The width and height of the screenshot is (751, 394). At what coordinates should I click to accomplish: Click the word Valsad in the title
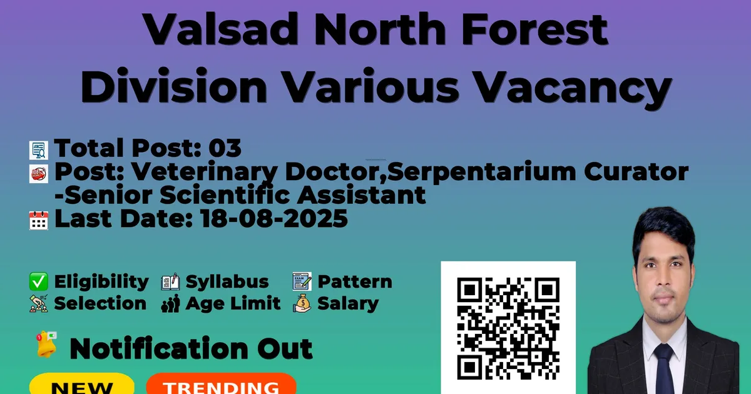[x=220, y=29]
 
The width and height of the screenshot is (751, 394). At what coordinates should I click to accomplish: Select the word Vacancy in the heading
[x=574, y=86]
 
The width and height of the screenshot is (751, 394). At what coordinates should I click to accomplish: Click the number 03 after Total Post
[x=225, y=148]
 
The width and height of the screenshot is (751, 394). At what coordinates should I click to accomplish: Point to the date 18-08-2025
[x=274, y=219]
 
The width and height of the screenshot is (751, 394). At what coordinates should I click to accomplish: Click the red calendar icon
[x=39, y=220]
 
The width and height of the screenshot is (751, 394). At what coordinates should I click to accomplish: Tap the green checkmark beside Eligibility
[x=39, y=281]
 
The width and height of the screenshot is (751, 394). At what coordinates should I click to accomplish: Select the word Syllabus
[x=227, y=282]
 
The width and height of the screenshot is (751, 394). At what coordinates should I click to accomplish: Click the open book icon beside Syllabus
[x=170, y=281]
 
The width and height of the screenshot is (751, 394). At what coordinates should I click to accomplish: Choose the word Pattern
[x=355, y=281]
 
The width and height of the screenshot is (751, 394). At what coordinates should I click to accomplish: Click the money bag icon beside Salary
[x=302, y=303]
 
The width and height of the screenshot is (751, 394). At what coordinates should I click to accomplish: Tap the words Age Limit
[x=233, y=303]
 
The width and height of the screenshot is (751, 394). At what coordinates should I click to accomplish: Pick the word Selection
[x=100, y=303]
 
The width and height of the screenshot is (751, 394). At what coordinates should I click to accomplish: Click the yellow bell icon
[x=46, y=345]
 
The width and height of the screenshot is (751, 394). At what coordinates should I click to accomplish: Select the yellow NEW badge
[x=82, y=384]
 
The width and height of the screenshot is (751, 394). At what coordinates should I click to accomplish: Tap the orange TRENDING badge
[x=222, y=384]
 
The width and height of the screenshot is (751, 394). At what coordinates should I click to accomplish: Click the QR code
[x=508, y=328]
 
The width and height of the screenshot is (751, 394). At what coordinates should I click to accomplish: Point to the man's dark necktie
[x=663, y=368]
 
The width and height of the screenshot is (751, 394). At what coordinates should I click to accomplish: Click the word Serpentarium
[x=482, y=173]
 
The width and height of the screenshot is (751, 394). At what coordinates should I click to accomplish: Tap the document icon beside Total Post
[x=39, y=150]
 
